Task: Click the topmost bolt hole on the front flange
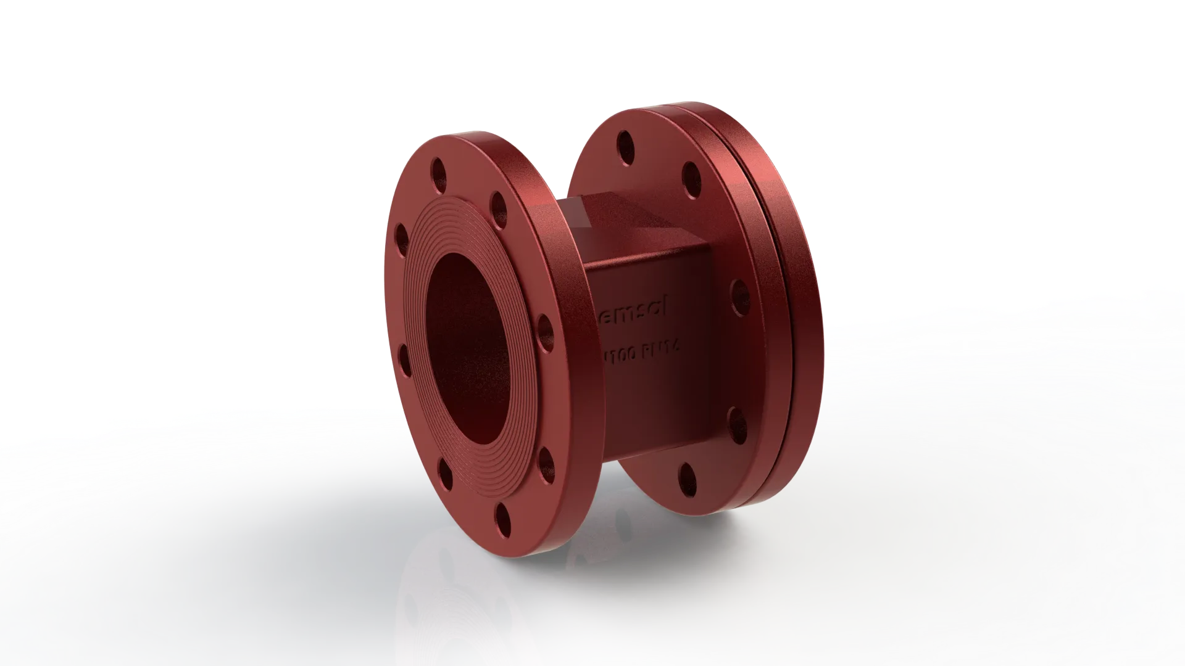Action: [439, 170]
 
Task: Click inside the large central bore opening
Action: [469, 345]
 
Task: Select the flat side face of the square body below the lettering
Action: [654, 419]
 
